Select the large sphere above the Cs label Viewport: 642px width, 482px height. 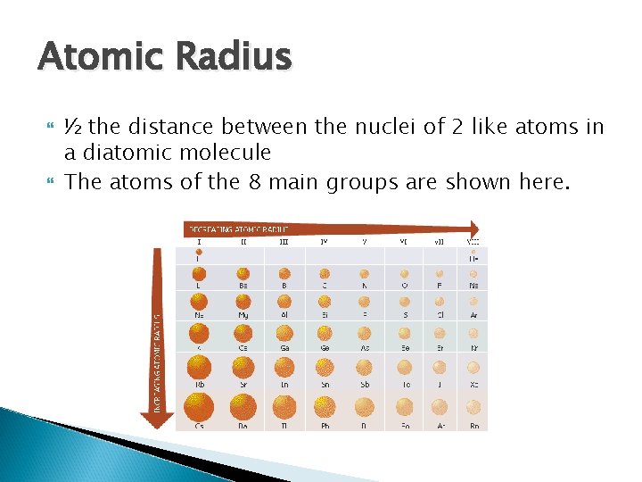[199, 407]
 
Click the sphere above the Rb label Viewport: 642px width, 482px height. [199, 366]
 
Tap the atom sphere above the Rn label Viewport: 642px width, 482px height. [473, 407]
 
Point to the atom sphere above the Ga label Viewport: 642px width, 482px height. [284, 332]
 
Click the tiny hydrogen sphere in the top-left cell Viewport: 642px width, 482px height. [199, 251]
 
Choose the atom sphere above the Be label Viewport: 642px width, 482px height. [243, 274]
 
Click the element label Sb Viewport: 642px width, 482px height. [365, 384]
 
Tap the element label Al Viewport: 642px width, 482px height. [284, 315]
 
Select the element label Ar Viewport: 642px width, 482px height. [473, 315]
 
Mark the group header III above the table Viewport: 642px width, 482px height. [284, 239]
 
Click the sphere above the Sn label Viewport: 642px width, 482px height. [325, 366]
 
